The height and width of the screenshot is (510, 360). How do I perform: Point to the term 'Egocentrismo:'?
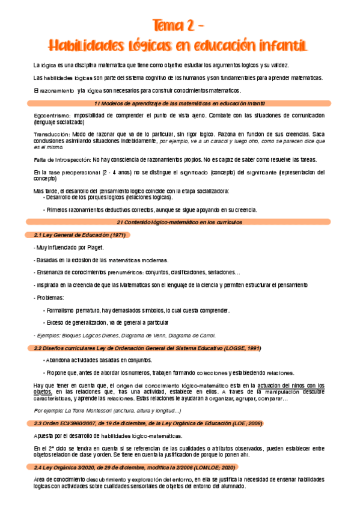52,115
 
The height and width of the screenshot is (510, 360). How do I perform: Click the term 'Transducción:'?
52,134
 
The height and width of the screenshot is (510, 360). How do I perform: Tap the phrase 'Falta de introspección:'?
62,159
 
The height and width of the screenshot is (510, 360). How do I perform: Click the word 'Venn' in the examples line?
163,336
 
